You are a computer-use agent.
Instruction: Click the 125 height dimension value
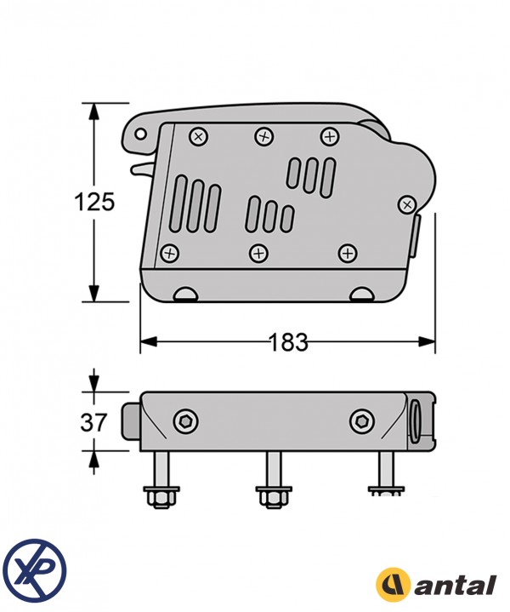[x=93, y=203]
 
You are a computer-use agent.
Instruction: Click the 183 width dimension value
[x=288, y=342]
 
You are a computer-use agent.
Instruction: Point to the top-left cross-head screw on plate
[x=198, y=135]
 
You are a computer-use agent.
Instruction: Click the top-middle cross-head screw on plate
[x=263, y=135]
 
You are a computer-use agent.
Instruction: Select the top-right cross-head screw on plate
[x=328, y=135]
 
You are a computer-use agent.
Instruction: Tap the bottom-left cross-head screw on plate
[x=170, y=253]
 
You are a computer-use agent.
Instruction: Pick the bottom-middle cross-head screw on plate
[x=258, y=252]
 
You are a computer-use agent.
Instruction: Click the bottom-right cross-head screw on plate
[x=347, y=252]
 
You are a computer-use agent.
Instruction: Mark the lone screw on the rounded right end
[x=407, y=204]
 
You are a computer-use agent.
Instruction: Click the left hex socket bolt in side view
[x=184, y=420]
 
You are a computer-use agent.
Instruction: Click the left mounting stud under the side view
[x=161, y=480]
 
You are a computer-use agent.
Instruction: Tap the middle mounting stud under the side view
[x=274, y=480]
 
